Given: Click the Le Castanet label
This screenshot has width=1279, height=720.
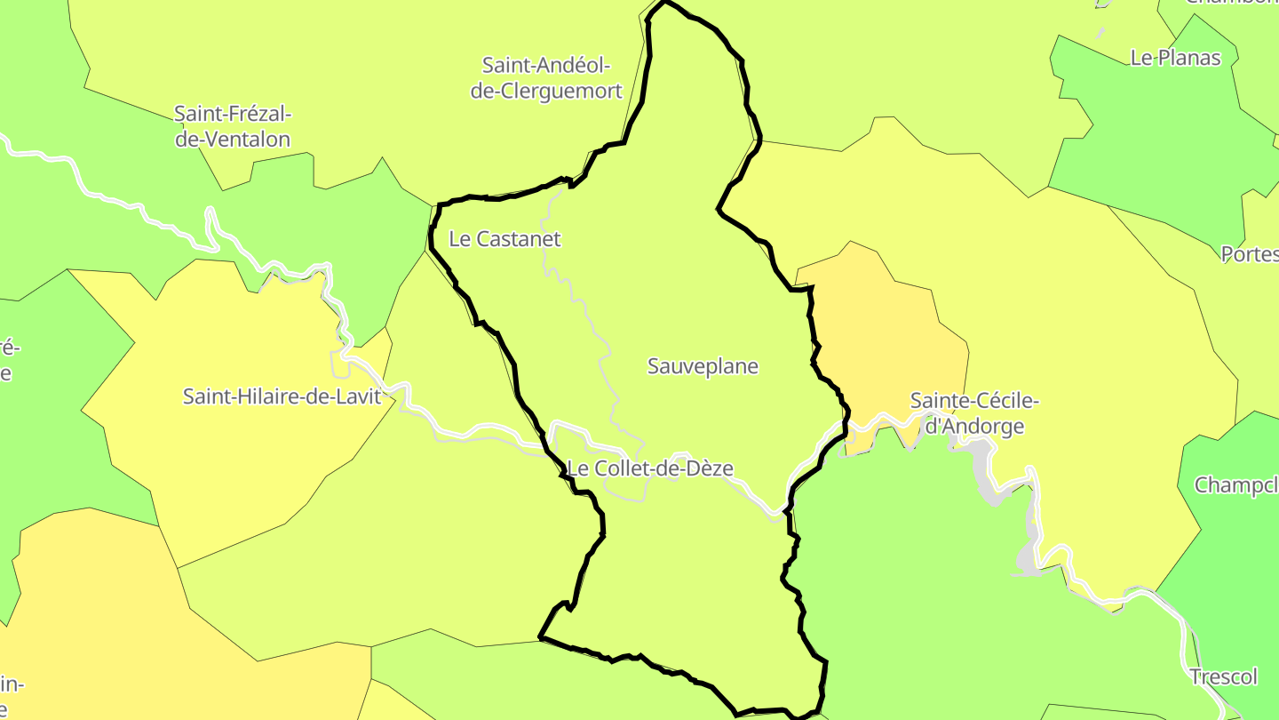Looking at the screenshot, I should (x=504, y=239).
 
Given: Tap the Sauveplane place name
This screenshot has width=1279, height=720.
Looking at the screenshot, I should (x=703, y=366).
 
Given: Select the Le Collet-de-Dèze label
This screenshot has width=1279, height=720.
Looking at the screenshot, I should (x=650, y=468).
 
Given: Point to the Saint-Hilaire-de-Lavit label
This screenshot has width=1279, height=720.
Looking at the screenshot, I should (x=282, y=396).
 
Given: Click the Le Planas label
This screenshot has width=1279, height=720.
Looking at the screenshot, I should (x=1175, y=58).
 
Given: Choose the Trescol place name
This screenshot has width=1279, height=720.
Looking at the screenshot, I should (x=1224, y=677).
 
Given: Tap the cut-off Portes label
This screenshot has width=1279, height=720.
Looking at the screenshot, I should (x=1250, y=254).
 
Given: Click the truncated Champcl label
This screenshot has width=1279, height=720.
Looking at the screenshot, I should (x=1236, y=485).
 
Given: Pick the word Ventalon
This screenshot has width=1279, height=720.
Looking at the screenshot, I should (x=233, y=140).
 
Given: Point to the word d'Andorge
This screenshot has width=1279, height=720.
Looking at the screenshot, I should (x=974, y=427).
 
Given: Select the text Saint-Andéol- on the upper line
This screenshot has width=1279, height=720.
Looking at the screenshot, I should (x=546, y=65).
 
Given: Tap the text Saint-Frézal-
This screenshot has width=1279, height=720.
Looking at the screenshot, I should (x=233, y=114).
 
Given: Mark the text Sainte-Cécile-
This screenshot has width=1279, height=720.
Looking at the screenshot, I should (x=974, y=402).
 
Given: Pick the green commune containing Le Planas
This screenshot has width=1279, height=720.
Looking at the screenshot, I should (x=1155, y=133).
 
